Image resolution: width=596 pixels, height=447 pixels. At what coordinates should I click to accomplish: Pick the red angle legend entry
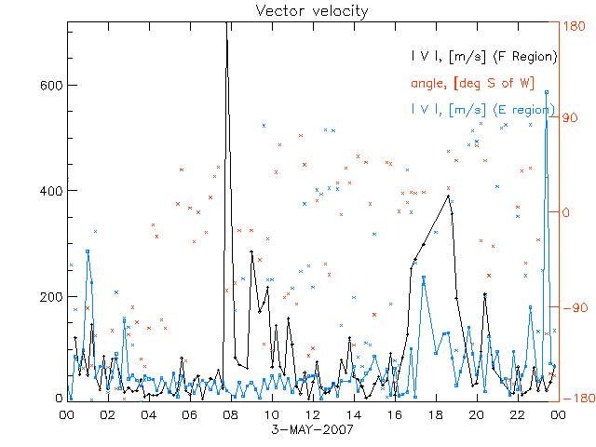click(x=471, y=84)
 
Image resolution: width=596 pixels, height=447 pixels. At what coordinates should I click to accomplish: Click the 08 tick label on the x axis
click(x=230, y=415)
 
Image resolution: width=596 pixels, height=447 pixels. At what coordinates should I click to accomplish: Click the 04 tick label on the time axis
click(x=148, y=415)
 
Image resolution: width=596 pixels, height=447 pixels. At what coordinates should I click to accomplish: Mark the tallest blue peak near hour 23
click(x=547, y=92)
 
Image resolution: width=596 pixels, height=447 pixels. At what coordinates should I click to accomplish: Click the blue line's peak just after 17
click(x=424, y=277)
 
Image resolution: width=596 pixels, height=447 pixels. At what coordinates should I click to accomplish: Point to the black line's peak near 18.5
click(x=449, y=196)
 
